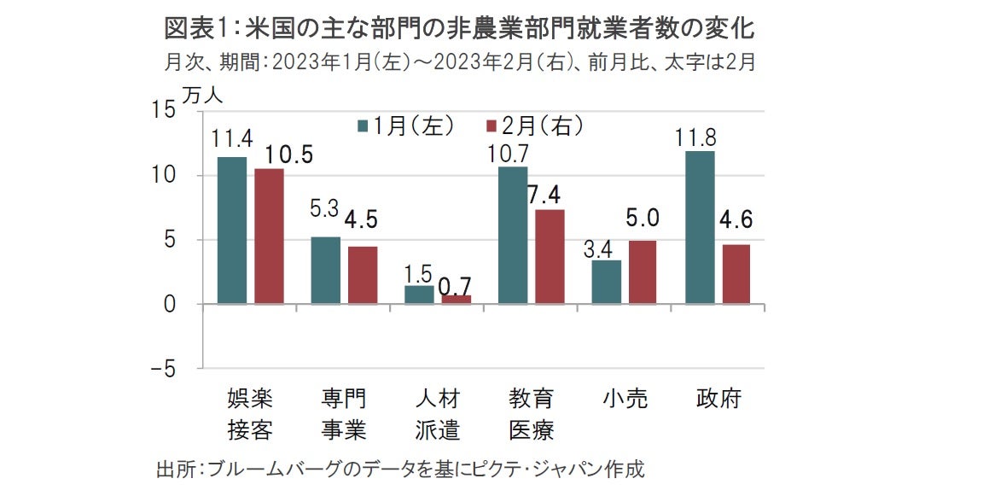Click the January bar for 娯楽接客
(232, 230)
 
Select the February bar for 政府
(736, 274)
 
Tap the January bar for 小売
(607, 282)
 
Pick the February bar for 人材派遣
(457, 300)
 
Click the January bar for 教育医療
(513, 235)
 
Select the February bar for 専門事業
(363, 275)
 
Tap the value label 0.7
(456, 285)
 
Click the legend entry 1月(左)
(405, 126)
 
